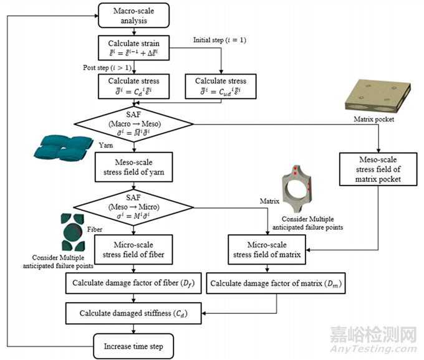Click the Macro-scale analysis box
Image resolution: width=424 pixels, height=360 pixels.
(132, 16)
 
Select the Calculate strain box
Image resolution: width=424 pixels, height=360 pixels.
(132, 49)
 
